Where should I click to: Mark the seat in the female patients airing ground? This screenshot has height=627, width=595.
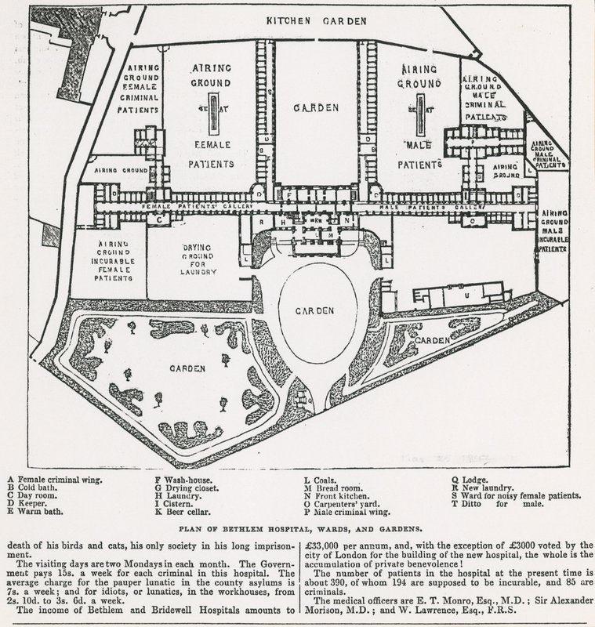click(x=209, y=117)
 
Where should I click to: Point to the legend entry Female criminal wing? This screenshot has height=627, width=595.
click(x=49, y=479)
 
